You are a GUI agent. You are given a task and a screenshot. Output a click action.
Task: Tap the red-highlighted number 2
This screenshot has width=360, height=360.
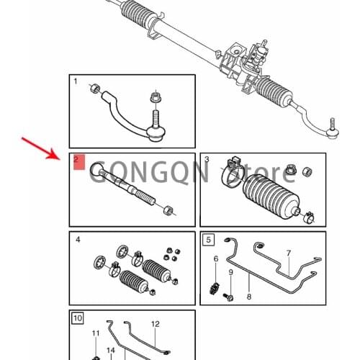click(x=78, y=162)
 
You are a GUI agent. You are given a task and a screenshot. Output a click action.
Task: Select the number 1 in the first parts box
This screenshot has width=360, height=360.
click(x=76, y=81)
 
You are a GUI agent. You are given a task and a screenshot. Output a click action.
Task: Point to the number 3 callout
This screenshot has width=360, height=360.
click(x=207, y=159)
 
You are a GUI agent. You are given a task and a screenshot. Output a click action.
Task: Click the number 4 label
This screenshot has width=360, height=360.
click(x=77, y=239)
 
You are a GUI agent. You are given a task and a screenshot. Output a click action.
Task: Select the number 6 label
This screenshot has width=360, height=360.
click(x=215, y=258)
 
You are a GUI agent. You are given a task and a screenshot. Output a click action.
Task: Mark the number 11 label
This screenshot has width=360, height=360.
click(x=95, y=333)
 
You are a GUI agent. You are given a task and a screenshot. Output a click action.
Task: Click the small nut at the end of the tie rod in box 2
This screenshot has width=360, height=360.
click(x=168, y=210)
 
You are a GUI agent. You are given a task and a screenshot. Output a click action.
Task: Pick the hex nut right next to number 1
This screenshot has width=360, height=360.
click(x=94, y=89)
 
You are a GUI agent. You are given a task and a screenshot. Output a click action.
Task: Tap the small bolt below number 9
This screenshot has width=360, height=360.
click(x=228, y=296)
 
